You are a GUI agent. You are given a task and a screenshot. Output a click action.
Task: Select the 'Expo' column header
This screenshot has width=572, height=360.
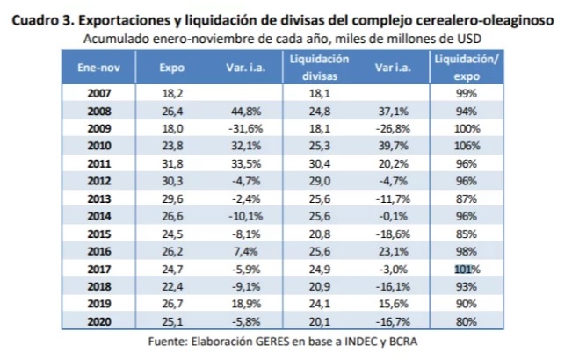coord(171,67)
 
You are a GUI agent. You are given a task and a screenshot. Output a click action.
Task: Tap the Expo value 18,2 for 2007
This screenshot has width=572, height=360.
coord(172,92)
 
